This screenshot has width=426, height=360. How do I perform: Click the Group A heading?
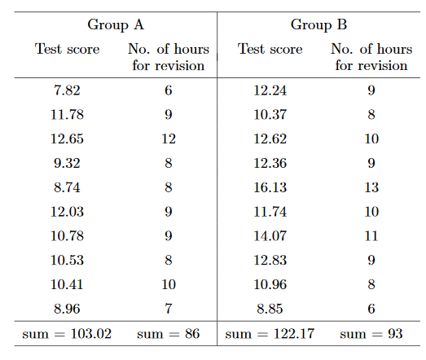click(121, 24)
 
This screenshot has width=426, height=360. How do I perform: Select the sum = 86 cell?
click(169, 333)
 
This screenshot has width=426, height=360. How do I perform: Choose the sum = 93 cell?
click(371, 333)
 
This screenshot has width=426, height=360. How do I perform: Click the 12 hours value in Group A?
click(169, 139)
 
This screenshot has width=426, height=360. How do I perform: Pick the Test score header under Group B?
click(270, 50)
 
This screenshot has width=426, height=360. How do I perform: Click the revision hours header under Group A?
click(169, 57)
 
